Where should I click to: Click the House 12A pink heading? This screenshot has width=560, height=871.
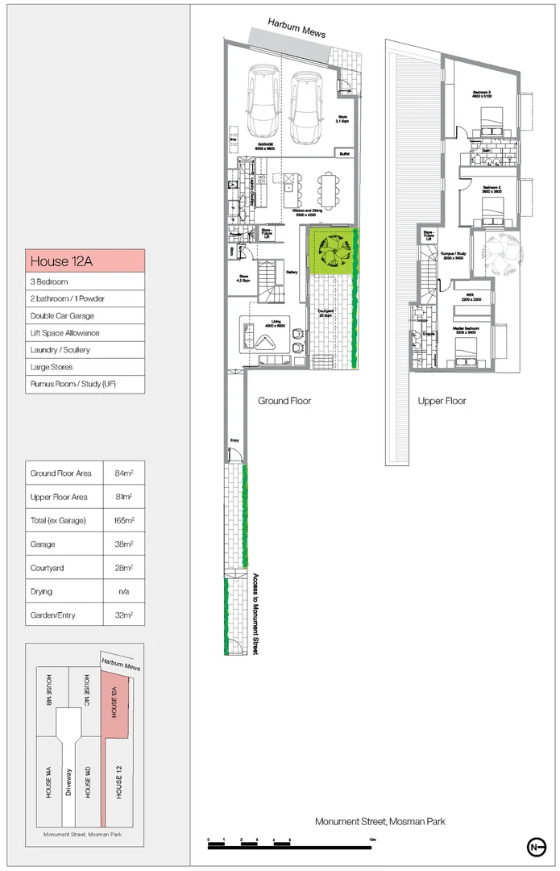coord(85,260)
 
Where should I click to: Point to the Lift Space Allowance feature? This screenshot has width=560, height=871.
coord(64,332)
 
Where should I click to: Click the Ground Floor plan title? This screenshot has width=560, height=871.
coord(284,401)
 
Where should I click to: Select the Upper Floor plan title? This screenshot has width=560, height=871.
coord(442,401)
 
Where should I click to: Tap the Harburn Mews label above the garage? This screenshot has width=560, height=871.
coord(297,33)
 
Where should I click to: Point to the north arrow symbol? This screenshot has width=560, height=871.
coord(534,846)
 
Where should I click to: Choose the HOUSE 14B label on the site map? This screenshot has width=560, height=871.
coord(49,692)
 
